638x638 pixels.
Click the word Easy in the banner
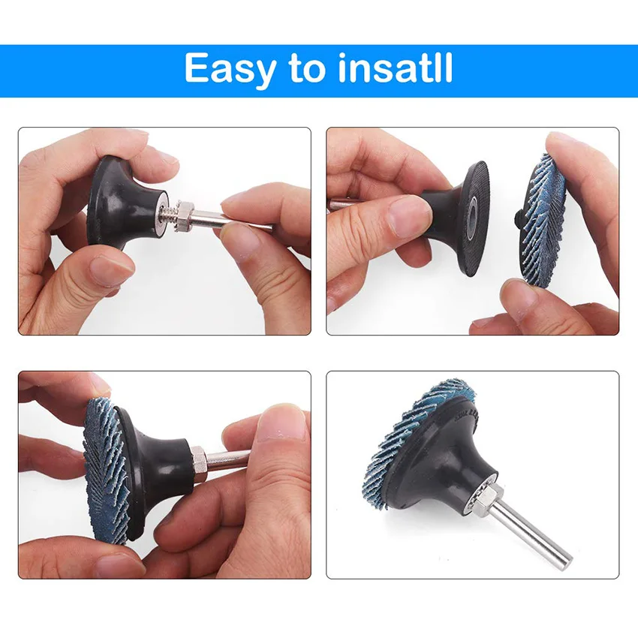point(229,70)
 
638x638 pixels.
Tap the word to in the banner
point(306,70)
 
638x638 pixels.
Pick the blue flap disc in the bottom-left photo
point(102,469)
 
